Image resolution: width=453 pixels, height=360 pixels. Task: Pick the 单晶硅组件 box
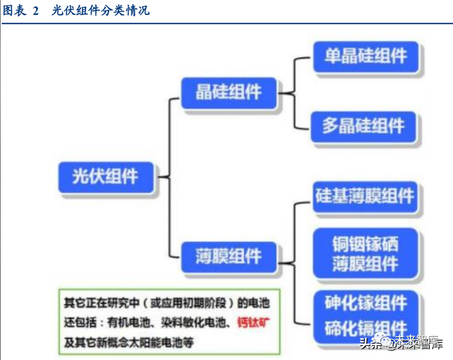366,58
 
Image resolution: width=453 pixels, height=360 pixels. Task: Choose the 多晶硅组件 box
366,125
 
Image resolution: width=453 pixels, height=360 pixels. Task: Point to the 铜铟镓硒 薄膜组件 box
365,254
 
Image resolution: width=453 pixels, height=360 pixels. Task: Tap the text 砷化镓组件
366,302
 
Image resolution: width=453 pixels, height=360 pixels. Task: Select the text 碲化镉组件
366,327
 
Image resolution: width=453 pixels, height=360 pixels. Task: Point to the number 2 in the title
36,10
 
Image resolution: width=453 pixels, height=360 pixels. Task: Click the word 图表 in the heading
15,10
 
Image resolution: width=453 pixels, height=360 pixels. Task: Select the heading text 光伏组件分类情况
100,10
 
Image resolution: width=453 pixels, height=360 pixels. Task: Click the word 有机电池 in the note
129,322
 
